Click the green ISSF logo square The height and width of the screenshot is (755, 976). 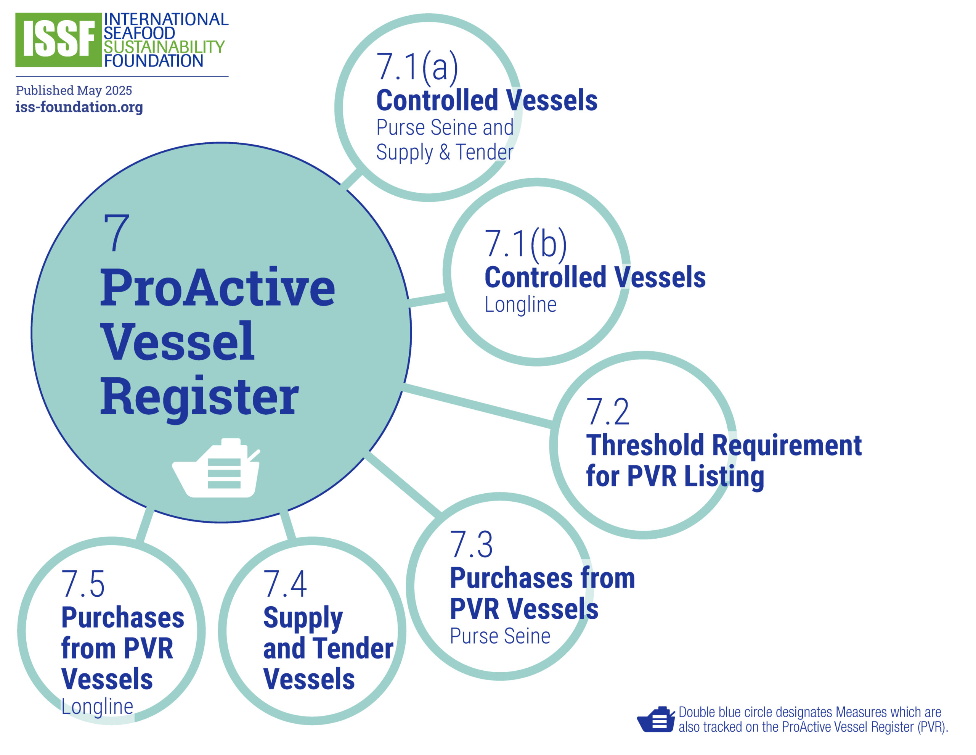pos(58,40)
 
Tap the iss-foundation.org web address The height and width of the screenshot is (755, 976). pos(79,107)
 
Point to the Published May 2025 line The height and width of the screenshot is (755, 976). pos(74,90)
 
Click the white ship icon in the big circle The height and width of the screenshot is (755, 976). pos(216,468)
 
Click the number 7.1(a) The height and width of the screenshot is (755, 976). pos(417,67)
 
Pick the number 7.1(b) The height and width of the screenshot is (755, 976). pos(525,244)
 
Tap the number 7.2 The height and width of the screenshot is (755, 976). pos(607,412)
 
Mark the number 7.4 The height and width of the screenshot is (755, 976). pos(285,584)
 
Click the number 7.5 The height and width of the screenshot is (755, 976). pos(83,584)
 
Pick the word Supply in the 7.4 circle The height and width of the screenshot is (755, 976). pos(303,618)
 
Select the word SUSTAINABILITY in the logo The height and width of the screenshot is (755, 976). pos(164,47)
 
